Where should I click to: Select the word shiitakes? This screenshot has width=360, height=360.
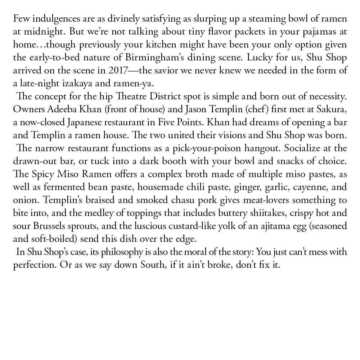(x=252, y=213)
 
